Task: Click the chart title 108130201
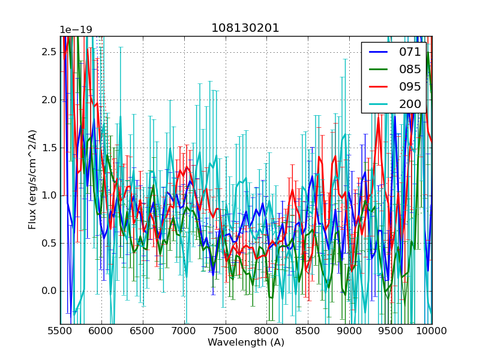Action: click(245, 28)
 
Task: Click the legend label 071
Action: click(410, 52)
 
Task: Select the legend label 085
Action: click(410, 69)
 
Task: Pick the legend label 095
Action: click(410, 86)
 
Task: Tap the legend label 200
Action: click(410, 104)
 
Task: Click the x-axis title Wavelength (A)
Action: click(246, 343)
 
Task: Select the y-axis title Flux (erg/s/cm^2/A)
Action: click(32, 180)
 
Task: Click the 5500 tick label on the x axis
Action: click(60, 331)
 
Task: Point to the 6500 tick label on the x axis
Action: click(143, 331)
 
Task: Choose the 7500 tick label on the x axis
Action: click(226, 331)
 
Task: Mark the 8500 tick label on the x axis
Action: click(308, 331)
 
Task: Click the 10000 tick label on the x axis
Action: click(432, 331)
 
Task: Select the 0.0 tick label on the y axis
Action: click(49, 291)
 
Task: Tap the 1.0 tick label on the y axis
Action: click(49, 196)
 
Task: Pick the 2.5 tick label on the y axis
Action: click(49, 52)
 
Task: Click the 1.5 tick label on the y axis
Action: click(49, 148)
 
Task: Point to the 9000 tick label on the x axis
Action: click(349, 331)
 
